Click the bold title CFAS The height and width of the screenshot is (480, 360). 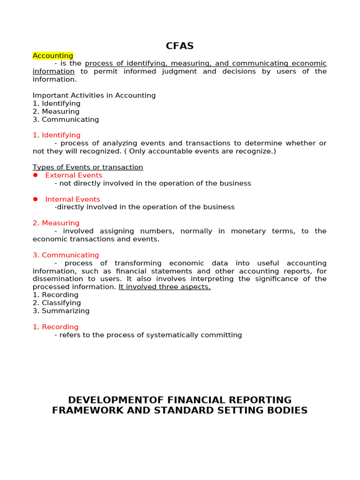[x=180, y=46]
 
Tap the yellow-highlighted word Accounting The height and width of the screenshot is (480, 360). [x=53, y=56]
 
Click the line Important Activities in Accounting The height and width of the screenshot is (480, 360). [x=94, y=96]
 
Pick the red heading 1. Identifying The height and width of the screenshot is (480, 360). [x=57, y=135]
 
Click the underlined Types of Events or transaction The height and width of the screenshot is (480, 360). [x=88, y=167]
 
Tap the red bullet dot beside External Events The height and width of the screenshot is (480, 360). [x=35, y=175]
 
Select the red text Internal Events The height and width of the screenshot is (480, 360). [x=73, y=199]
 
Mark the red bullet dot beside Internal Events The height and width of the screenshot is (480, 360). [x=35, y=199]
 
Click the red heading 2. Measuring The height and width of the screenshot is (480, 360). [x=56, y=223]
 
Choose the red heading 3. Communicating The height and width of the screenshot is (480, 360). [x=66, y=255]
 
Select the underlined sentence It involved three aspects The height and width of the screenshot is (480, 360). [x=165, y=287]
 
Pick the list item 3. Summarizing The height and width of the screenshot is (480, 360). [x=61, y=311]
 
